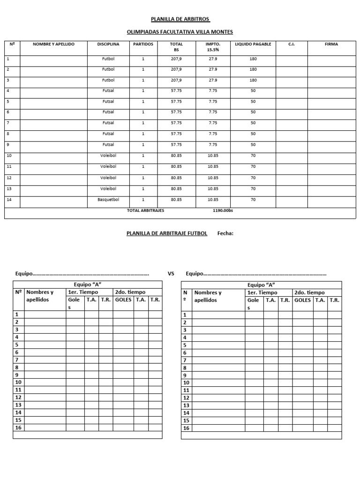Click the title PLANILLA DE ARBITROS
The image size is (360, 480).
tap(180, 19)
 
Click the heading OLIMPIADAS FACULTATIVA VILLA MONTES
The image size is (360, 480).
tap(180, 32)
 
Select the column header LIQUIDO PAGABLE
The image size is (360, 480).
tap(253, 44)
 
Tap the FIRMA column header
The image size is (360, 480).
tap(331, 44)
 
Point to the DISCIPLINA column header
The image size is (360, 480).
tap(108, 44)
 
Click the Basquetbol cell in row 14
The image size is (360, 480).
tap(108, 199)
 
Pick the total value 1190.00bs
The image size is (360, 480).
tap(223, 211)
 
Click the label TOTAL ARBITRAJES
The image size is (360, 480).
tap(146, 211)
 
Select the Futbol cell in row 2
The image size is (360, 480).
tap(108, 69)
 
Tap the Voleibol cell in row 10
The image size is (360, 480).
tap(108, 156)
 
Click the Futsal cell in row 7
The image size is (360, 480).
tap(108, 123)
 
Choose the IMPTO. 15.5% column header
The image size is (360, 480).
tap(213, 47)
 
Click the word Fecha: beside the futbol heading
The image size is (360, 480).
tap(225, 233)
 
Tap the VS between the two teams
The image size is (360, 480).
tap(171, 273)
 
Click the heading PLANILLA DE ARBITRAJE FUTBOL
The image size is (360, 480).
tap(167, 233)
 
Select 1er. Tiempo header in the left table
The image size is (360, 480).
tap(83, 292)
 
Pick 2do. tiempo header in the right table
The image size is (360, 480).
tap(309, 292)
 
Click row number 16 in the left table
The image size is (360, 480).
tap(19, 427)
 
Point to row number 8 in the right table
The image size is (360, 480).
tap(185, 368)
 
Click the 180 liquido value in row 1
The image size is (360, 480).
tap(253, 59)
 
